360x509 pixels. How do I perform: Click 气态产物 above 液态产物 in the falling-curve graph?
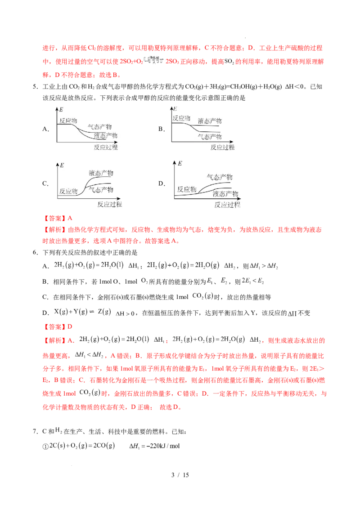[99, 127]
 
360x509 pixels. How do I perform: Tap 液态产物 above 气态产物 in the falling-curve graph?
[210, 121]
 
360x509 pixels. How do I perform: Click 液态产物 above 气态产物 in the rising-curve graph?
[101, 173]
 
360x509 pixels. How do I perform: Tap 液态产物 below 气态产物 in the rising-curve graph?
[226, 194]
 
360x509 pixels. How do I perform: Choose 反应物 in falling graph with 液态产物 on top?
[181, 118]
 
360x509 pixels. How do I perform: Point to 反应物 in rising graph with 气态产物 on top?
[187, 189]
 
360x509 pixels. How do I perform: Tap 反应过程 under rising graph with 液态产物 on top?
[110, 205]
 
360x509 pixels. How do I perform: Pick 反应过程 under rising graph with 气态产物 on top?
[227, 205]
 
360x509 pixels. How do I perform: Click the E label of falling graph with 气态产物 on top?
[61, 109]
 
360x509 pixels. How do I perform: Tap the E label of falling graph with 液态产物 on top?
[175, 109]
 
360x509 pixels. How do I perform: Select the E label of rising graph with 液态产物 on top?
[61, 165]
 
